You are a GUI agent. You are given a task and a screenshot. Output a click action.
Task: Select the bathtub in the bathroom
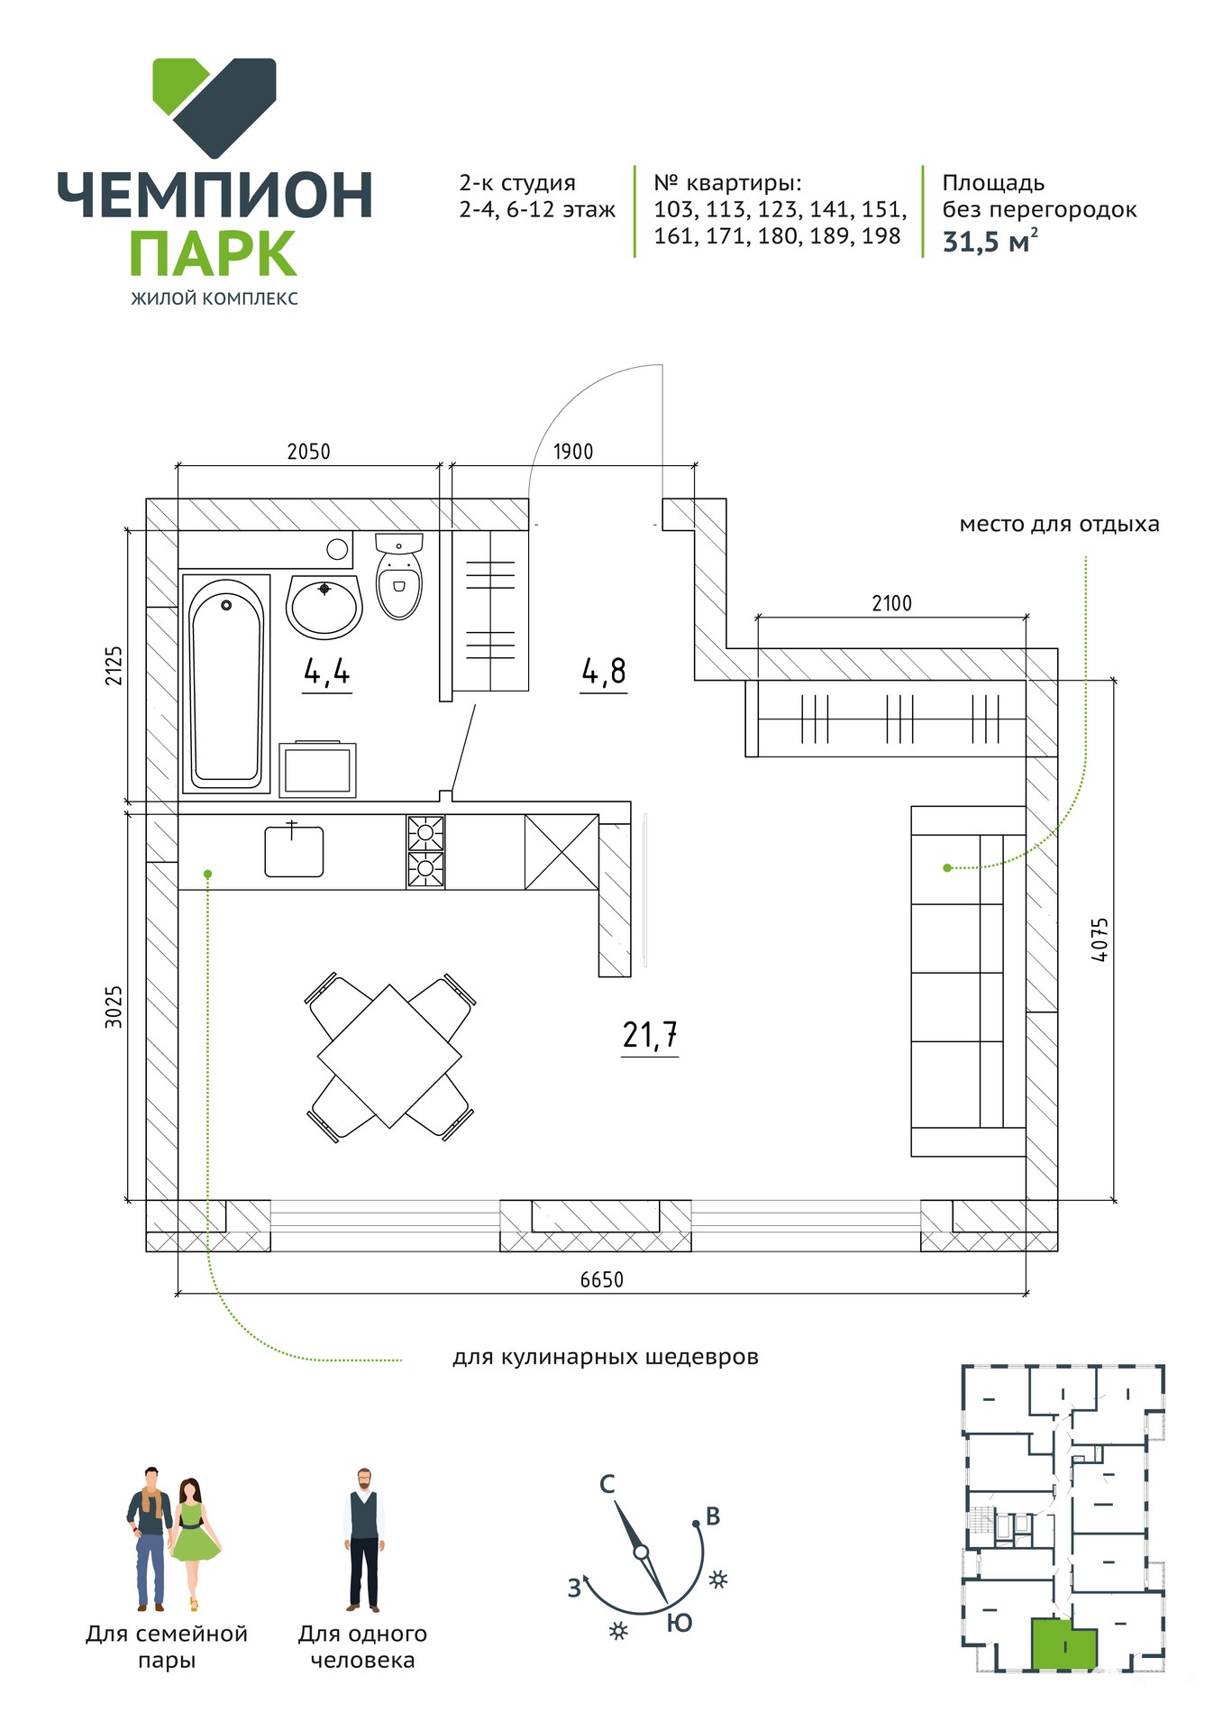[226, 683]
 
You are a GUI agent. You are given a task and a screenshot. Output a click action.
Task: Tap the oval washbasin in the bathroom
[324, 606]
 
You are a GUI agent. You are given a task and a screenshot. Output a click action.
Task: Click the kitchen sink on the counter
[294, 850]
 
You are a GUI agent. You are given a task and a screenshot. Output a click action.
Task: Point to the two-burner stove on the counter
[425, 852]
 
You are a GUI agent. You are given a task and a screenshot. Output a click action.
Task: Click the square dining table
[389, 1057]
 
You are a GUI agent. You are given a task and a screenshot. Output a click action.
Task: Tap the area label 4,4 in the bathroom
[326, 672]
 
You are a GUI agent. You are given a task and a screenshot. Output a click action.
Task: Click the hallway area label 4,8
[603, 672]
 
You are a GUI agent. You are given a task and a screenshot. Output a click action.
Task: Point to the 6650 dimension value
[601, 1279]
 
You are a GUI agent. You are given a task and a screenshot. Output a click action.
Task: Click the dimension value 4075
[1099, 939]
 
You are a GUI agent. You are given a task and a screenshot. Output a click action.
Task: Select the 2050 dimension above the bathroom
[308, 451]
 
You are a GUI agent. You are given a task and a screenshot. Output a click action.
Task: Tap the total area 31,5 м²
[990, 242]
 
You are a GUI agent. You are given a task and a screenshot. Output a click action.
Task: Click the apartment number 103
[674, 210]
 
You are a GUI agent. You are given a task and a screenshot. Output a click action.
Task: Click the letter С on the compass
[607, 1484]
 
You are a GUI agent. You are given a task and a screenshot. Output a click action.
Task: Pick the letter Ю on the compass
[680, 1623]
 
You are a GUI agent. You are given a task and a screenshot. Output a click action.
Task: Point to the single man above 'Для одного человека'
[364, 1539]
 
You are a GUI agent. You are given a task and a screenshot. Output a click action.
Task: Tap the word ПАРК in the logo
[214, 253]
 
